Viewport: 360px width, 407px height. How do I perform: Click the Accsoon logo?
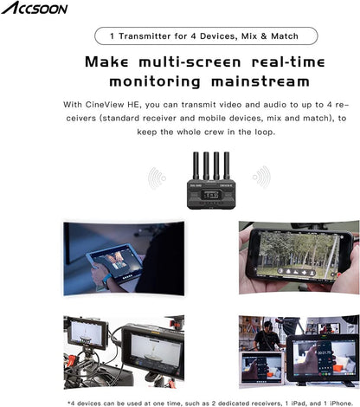(35, 8)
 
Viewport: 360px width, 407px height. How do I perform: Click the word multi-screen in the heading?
(190, 62)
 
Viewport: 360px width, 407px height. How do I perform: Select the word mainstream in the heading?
(260, 81)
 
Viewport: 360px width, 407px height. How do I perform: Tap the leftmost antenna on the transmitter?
(196, 165)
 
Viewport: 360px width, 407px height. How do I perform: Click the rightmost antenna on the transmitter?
(227, 165)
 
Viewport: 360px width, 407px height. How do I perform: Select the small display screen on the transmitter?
(209, 195)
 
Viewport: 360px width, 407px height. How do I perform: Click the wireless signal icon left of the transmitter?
(157, 178)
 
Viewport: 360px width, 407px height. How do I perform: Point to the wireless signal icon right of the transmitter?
(261, 177)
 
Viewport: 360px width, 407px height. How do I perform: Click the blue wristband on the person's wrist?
(106, 281)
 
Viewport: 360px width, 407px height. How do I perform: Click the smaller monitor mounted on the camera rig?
(87, 333)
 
